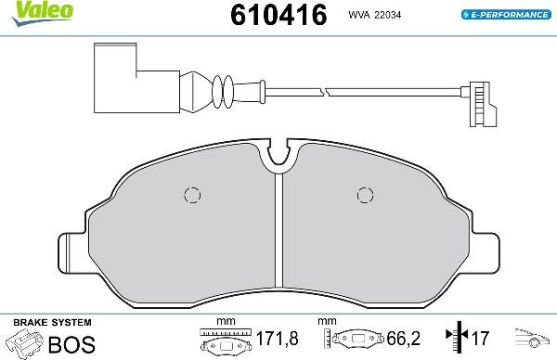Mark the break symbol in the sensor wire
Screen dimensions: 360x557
(x=323, y=91)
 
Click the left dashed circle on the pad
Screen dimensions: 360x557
(x=192, y=195)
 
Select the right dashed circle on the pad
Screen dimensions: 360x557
(x=364, y=195)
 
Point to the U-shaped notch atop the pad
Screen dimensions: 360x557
(x=278, y=160)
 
